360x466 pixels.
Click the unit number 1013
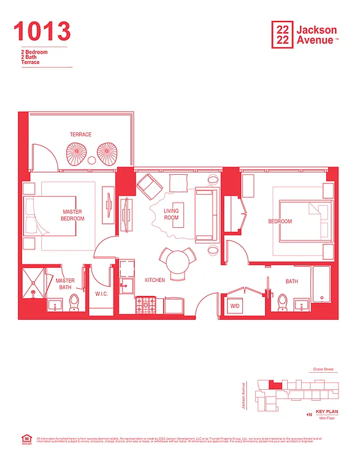click(x=42, y=31)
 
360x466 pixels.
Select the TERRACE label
click(x=80, y=135)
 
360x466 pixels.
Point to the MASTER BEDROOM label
click(x=72, y=215)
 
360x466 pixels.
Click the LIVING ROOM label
click(x=171, y=214)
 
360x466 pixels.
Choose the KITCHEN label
click(x=154, y=280)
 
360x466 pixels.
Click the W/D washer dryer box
click(x=236, y=306)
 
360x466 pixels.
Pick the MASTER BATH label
click(x=65, y=284)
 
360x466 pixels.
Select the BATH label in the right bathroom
click(x=291, y=281)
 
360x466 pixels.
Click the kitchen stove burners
click(x=143, y=304)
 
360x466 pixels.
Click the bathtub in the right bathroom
click(x=322, y=285)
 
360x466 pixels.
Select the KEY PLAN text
click(x=326, y=412)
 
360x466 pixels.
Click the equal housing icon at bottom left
click(x=26, y=438)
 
